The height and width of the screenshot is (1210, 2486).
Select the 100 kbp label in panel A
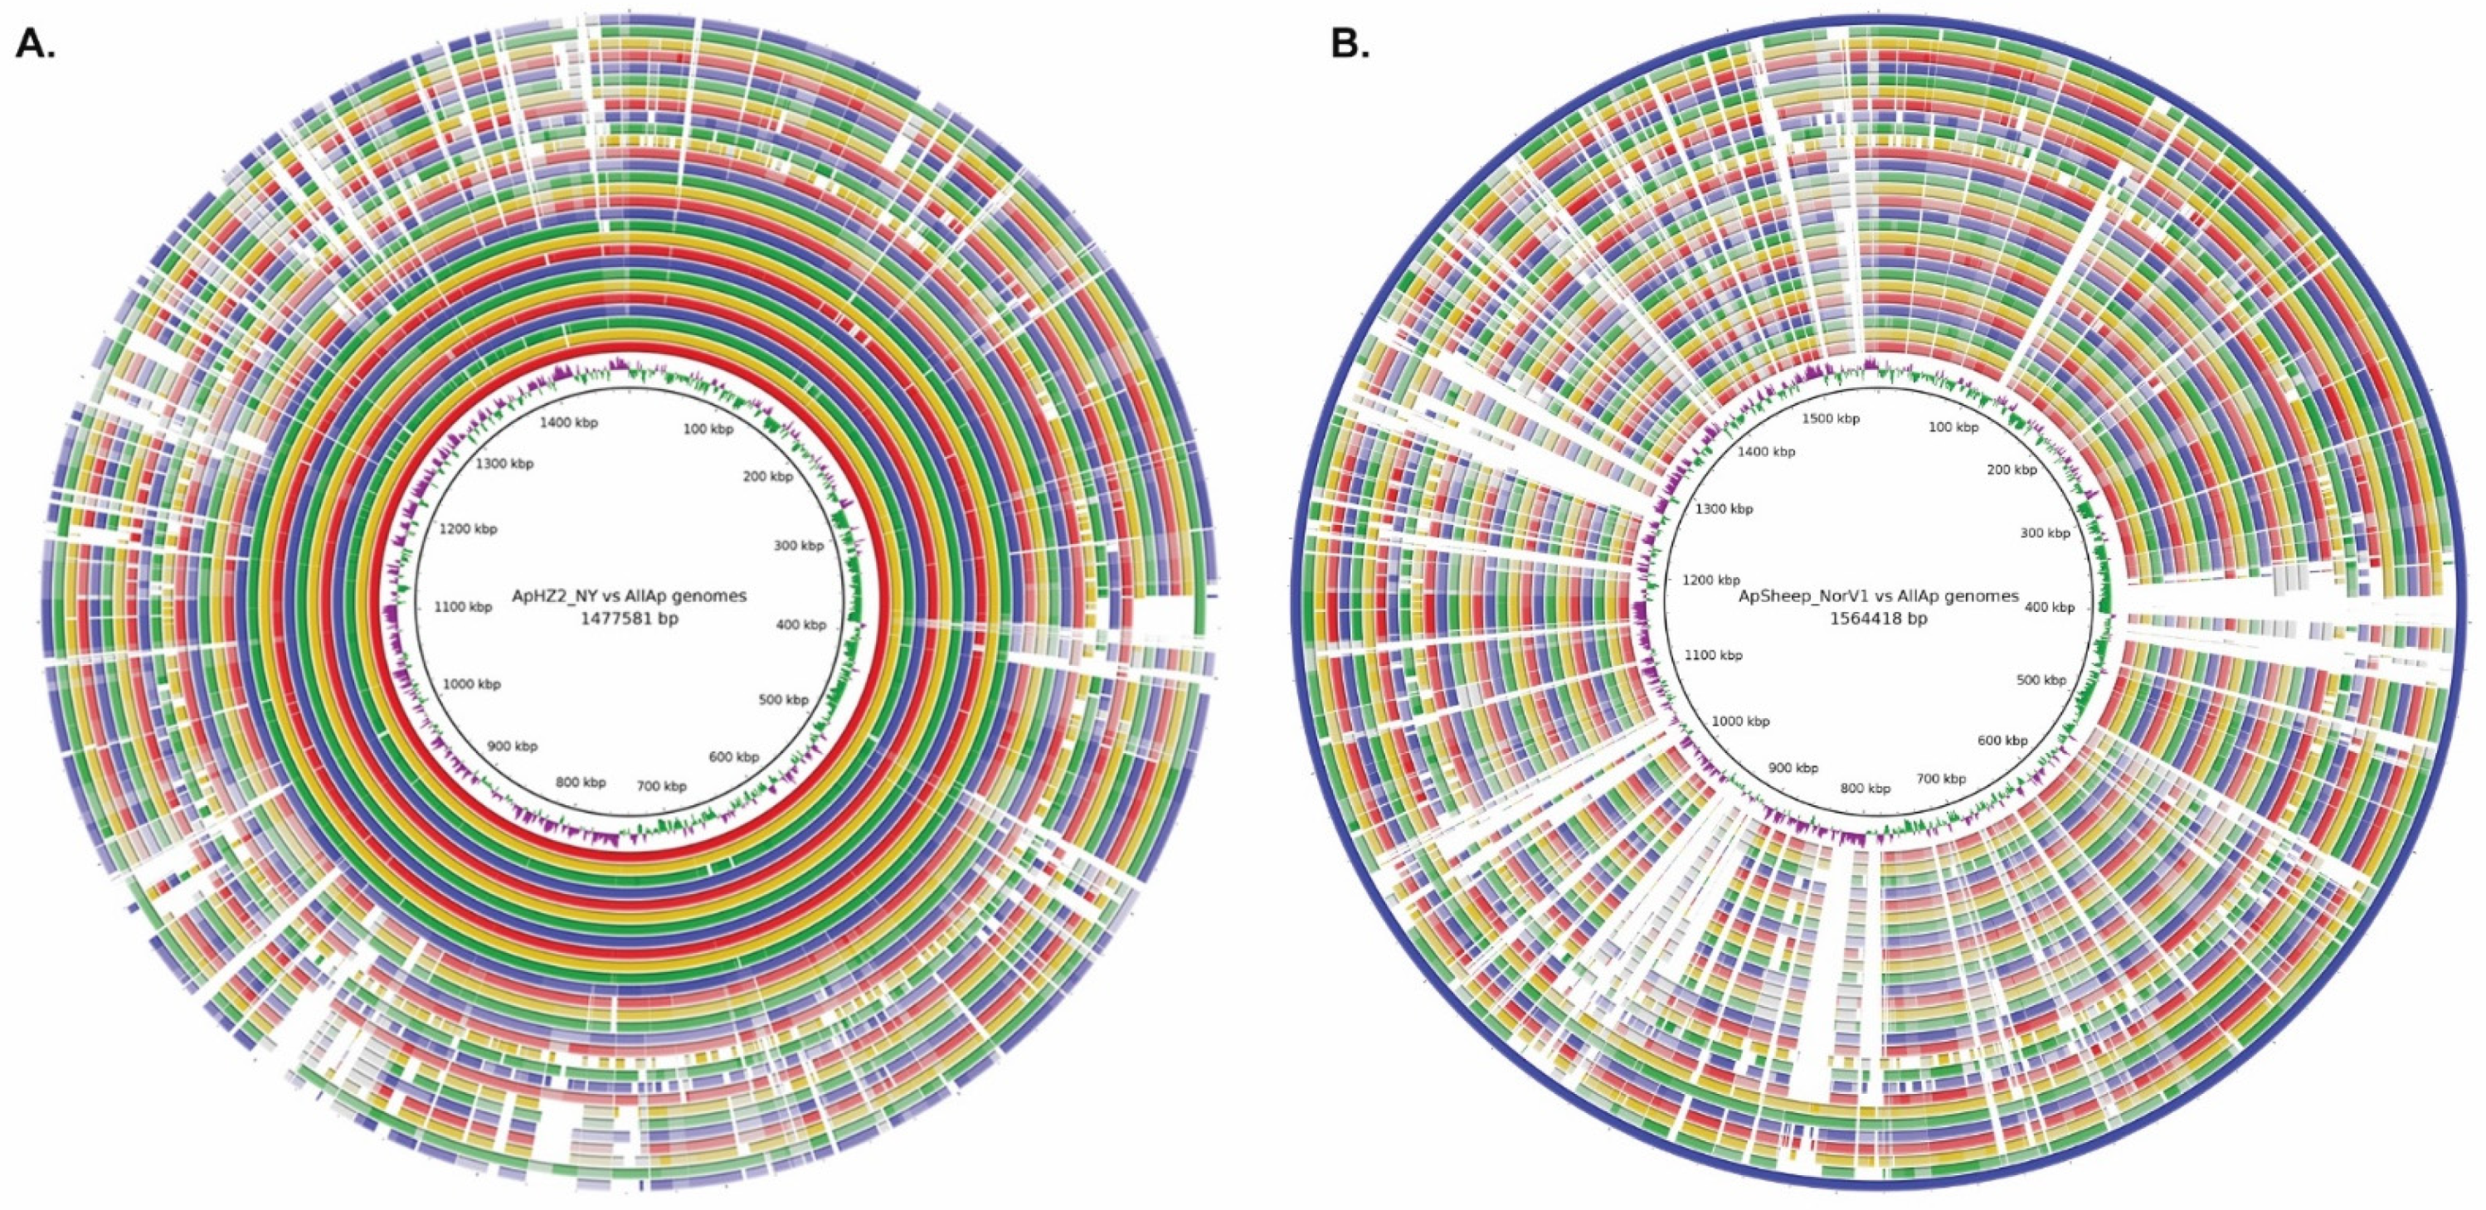tap(708, 429)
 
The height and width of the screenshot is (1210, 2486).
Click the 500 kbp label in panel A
tap(783, 700)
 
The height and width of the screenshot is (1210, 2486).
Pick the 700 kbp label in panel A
tap(661, 785)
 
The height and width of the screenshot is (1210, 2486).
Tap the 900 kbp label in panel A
tap(512, 746)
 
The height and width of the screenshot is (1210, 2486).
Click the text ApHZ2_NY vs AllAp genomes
tap(630, 596)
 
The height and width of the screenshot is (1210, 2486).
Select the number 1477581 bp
tap(630, 619)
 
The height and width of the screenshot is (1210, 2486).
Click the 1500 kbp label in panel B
tap(1831, 419)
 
